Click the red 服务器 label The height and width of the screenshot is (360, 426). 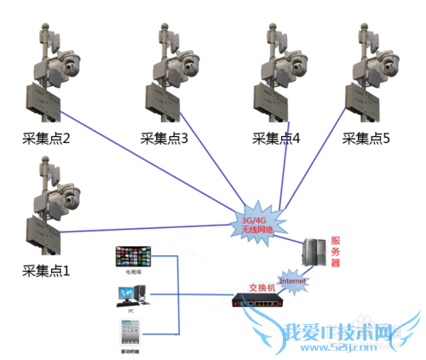click(336, 251)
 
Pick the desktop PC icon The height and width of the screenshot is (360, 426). click(131, 295)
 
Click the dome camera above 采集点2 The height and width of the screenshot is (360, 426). click(67, 62)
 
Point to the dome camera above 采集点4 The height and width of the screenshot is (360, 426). click(295, 62)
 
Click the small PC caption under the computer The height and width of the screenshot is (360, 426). click(131, 312)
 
